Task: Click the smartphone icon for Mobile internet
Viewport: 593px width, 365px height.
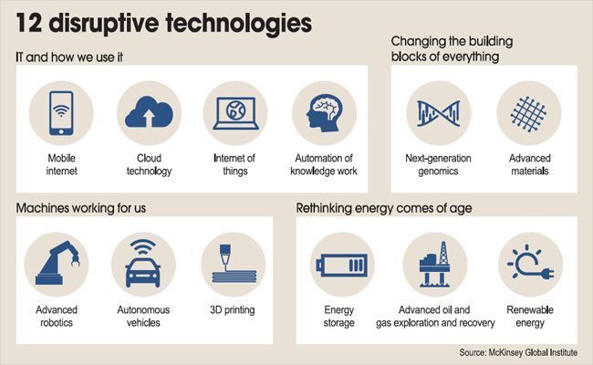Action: tap(61, 113)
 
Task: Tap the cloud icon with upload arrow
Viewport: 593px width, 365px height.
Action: tap(149, 111)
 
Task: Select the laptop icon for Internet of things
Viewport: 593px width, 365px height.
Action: tap(235, 113)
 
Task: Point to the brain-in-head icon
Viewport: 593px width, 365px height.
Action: tap(325, 113)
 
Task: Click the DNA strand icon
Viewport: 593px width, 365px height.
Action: tap(438, 113)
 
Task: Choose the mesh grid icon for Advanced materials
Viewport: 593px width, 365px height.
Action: tap(529, 113)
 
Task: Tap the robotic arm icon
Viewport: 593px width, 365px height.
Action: tap(57, 263)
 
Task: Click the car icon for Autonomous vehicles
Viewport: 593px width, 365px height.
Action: tap(143, 264)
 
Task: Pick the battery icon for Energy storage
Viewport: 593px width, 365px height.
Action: tap(342, 265)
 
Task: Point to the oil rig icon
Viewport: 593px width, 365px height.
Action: tap(435, 264)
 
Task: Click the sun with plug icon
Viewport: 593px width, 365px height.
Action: tap(531, 264)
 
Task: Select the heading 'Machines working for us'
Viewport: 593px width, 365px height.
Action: tap(80, 208)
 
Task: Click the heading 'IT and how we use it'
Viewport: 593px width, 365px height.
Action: tap(69, 57)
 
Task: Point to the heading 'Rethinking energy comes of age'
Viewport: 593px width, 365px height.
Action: tap(384, 208)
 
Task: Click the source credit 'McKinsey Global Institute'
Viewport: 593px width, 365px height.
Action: tap(533, 352)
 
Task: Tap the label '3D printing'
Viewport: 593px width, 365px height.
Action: tap(233, 309)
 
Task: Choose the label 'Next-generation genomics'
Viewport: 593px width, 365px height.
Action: tap(438, 164)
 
